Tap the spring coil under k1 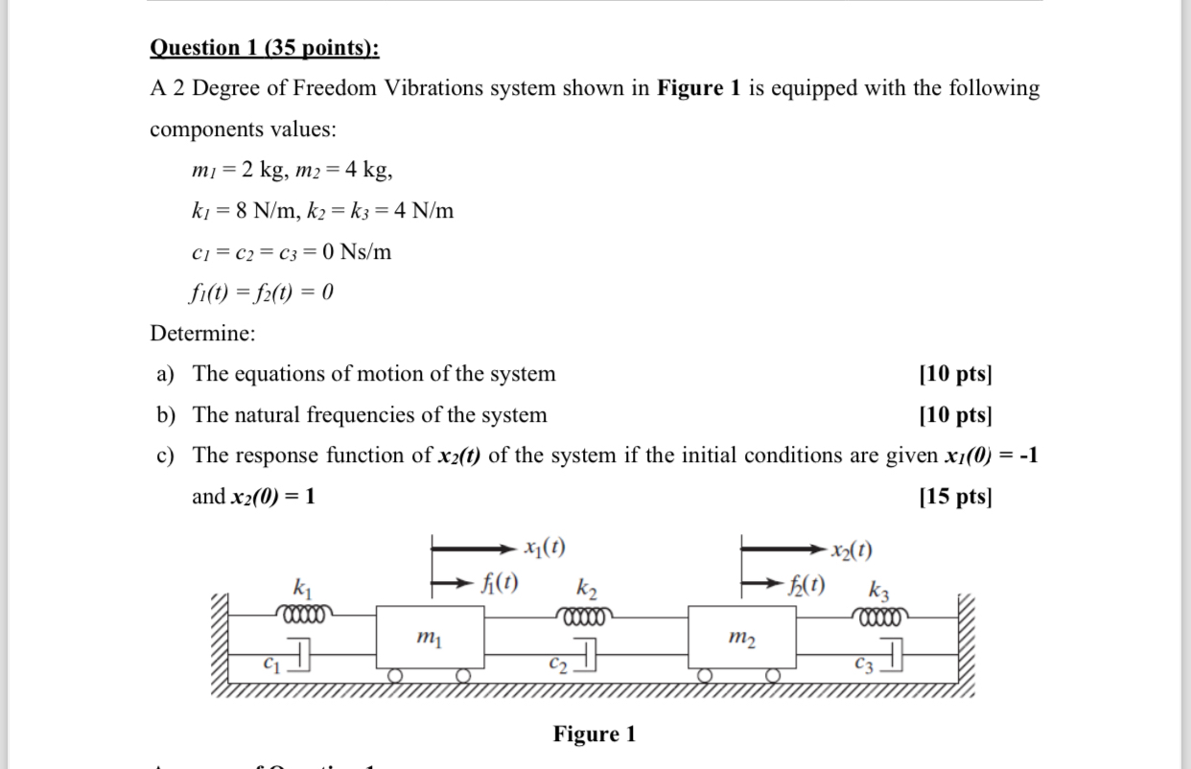(x=303, y=613)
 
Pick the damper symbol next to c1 (x=299, y=658)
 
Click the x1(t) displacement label (x=544, y=548)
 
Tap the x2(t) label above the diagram (x=852, y=550)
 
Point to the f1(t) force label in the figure (x=500, y=581)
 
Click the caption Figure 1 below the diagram (x=594, y=734)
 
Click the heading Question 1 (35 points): (x=265, y=48)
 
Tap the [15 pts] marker (x=954, y=497)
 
